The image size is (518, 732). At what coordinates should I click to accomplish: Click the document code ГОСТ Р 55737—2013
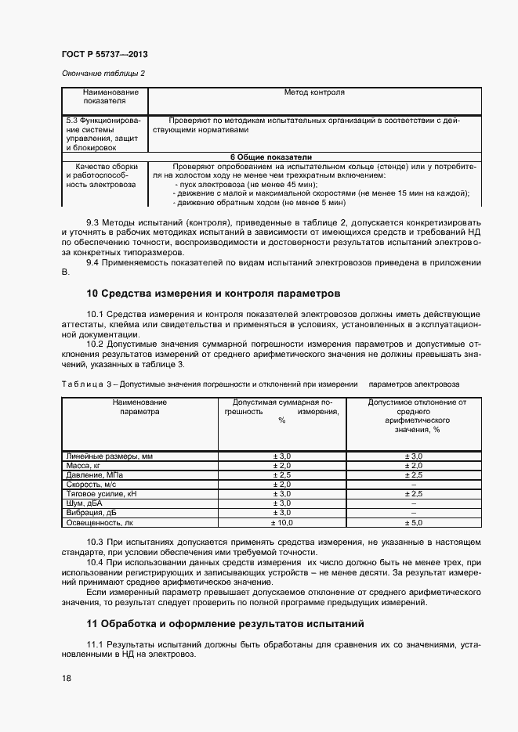[104, 54]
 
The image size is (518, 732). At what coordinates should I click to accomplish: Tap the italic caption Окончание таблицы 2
[103, 74]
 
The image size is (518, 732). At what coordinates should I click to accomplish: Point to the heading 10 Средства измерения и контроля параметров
[213, 294]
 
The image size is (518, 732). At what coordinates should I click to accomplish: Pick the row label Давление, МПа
[94, 474]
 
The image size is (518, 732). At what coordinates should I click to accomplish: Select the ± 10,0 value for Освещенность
[281, 521]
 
